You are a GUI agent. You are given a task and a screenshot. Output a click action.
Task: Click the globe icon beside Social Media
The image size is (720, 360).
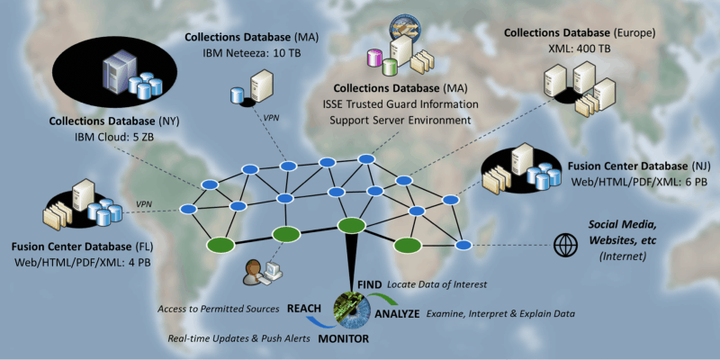pyautogui.click(x=565, y=245)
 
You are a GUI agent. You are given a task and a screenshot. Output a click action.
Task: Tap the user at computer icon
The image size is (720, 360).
pyautogui.click(x=262, y=272)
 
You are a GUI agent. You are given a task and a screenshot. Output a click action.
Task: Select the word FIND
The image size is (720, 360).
pyautogui.click(x=370, y=284)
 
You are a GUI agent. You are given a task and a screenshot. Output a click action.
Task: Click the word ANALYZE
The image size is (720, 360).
pyautogui.click(x=397, y=314)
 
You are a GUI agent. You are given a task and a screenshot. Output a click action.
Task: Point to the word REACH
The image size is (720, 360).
pyautogui.click(x=304, y=309)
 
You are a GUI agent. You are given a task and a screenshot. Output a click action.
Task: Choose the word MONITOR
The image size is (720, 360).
pyautogui.click(x=344, y=339)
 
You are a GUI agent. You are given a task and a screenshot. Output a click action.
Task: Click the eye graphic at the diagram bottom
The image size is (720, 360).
pyautogui.click(x=353, y=310)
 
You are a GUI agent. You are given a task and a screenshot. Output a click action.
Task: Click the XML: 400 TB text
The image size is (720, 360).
pyautogui.click(x=580, y=49)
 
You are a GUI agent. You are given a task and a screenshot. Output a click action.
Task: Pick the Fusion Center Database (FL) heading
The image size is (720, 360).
pyautogui.click(x=83, y=247)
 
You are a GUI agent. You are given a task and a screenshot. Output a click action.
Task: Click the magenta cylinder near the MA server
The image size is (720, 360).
pyautogui.click(x=374, y=58)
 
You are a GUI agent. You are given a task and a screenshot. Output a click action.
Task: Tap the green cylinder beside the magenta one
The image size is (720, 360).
pyautogui.click(x=390, y=67)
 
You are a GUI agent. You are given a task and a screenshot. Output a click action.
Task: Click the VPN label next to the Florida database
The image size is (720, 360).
pyautogui.click(x=144, y=204)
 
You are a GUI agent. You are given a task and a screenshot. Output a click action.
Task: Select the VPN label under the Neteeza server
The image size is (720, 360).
pyautogui.click(x=271, y=117)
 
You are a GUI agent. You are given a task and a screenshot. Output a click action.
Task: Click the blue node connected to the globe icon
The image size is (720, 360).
pyautogui.click(x=463, y=245)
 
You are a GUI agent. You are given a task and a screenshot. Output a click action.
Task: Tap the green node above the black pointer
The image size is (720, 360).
pyautogui.click(x=351, y=226)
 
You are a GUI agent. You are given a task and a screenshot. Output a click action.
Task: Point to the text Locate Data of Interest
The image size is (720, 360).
pyautogui.click(x=436, y=285)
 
